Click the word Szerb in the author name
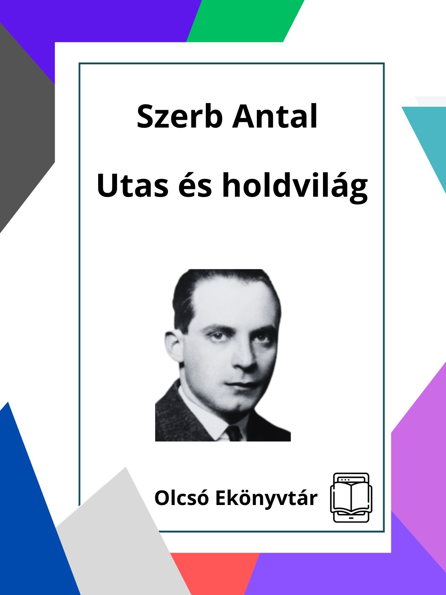point(180,116)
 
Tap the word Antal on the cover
point(275,116)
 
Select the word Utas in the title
point(132,185)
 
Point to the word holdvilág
point(295,187)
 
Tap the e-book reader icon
point(351,498)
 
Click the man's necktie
point(234,433)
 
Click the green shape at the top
point(245,21)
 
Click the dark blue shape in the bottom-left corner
point(35,515)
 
